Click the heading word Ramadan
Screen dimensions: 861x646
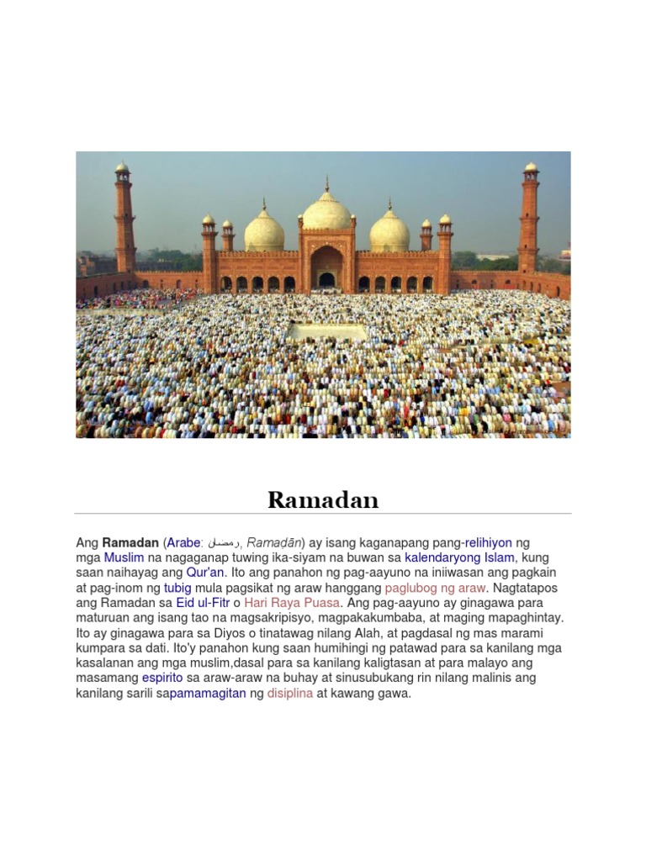323,500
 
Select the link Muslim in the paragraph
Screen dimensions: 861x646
124,557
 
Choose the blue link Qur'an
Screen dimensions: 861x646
206,573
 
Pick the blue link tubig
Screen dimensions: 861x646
177,588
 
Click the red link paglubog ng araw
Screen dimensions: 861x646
435,588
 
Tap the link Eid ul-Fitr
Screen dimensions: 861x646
203,603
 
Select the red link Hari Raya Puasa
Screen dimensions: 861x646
292,603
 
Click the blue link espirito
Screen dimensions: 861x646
162,678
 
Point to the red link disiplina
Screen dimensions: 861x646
290,693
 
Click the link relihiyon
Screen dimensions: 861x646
489,543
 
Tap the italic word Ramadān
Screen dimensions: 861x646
274,543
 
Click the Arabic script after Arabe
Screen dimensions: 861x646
224,544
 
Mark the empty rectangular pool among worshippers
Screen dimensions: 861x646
328,332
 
